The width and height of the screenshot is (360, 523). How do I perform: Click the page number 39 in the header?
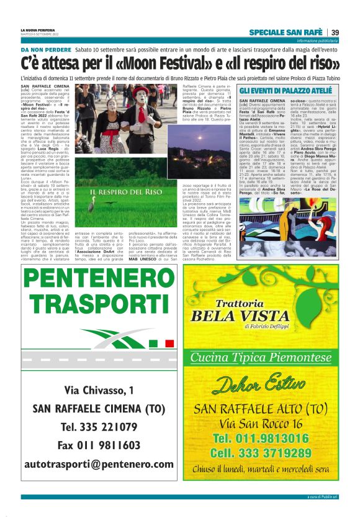[x=335, y=32]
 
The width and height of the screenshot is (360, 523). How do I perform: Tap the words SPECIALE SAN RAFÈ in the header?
[x=285, y=32]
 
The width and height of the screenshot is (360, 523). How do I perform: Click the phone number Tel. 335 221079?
[x=99, y=427]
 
